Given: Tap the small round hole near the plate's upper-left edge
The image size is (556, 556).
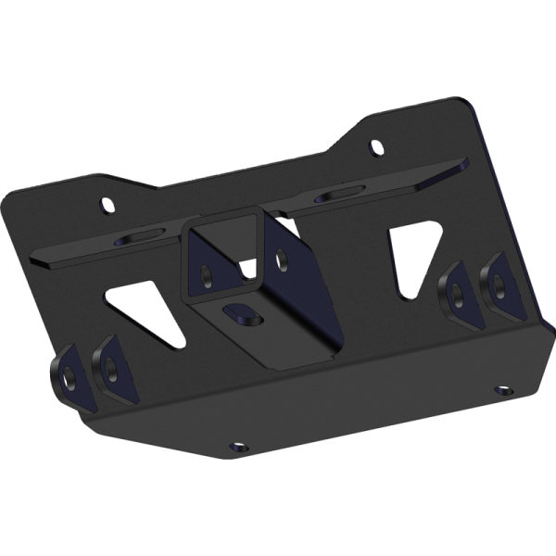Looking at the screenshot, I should click(108, 204).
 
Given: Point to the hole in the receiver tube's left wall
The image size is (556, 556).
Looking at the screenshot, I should click(207, 272).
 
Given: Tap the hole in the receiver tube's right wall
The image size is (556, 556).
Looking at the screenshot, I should click(282, 259).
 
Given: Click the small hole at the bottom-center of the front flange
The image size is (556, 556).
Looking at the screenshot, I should click(237, 447).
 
